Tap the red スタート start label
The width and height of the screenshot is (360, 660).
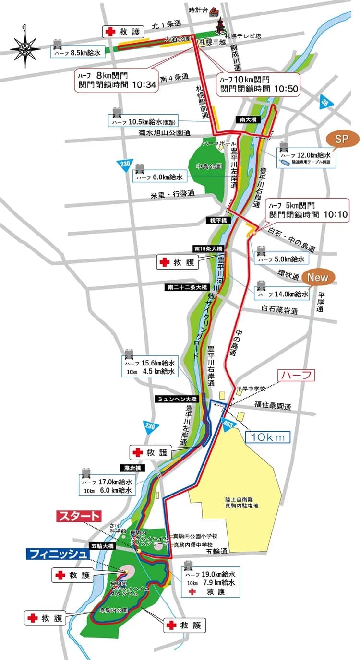79,517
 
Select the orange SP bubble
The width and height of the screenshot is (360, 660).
342,139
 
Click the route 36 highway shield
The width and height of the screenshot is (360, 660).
326,102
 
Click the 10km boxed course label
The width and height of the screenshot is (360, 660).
268,437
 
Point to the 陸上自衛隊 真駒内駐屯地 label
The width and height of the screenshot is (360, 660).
235,502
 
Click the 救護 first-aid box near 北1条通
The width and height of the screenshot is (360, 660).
123,32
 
